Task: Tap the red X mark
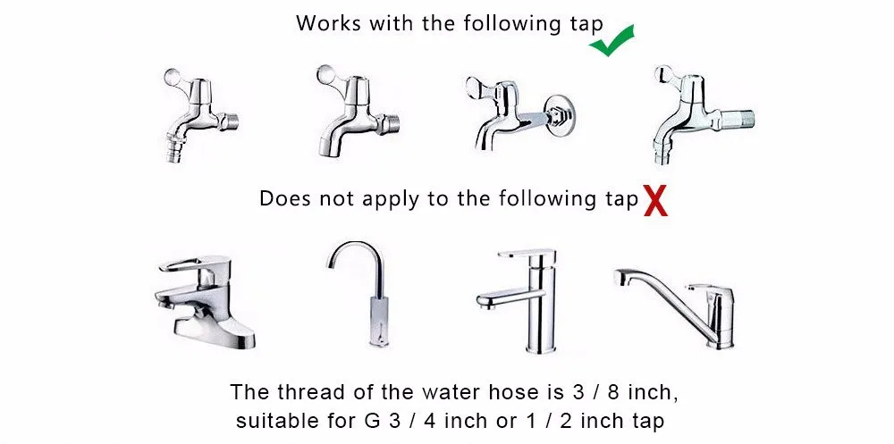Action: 655,201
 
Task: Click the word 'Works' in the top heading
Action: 328,23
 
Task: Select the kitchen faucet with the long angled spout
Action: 675,306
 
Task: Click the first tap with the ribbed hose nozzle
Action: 199,114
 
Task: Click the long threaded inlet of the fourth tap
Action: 737,119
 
